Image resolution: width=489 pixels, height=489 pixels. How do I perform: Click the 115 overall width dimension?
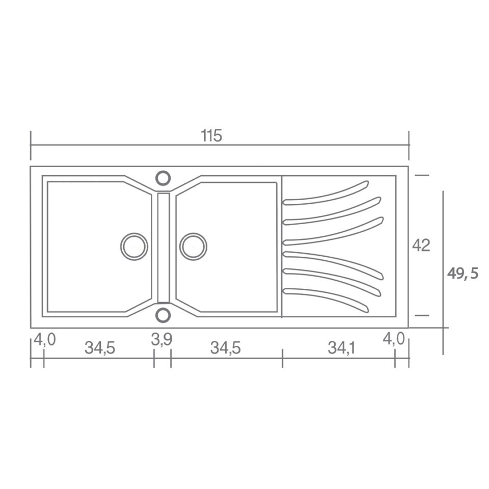point(211,136)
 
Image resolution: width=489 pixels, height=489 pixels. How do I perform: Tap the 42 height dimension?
point(421,245)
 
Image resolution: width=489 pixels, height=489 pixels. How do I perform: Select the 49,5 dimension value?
point(463,274)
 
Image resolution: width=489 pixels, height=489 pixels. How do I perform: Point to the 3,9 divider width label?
point(161,340)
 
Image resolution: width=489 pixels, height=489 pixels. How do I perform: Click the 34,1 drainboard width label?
point(341,348)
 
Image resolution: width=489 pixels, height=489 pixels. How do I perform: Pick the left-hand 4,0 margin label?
point(45,339)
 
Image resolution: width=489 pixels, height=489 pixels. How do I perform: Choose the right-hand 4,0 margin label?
point(394,339)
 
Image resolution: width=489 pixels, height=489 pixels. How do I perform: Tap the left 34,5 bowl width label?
point(100,348)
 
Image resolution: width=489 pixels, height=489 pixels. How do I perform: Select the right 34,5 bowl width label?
point(226,348)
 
